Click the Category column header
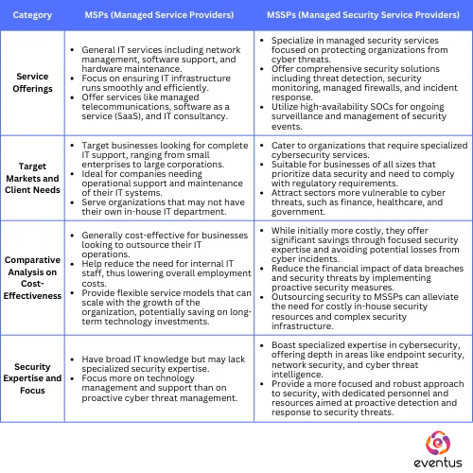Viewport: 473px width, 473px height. pos(32,16)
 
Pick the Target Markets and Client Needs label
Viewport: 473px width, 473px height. pos(33,178)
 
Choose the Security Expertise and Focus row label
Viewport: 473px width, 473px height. pos(33,377)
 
